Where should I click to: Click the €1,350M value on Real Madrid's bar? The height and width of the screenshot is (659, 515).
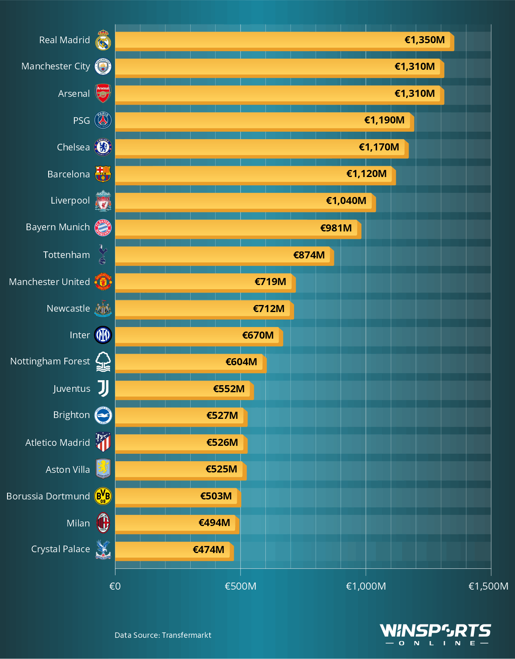(x=424, y=40)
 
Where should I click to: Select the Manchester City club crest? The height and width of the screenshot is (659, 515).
(x=103, y=66)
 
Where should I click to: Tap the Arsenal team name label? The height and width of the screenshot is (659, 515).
(x=74, y=93)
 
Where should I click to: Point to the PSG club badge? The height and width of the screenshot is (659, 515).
(x=103, y=120)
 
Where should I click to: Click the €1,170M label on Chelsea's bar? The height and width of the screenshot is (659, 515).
(x=379, y=147)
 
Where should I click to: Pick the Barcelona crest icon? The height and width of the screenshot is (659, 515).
(x=103, y=174)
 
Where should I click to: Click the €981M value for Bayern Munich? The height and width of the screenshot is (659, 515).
(x=336, y=228)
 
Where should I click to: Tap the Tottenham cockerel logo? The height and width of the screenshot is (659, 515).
(x=103, y=254)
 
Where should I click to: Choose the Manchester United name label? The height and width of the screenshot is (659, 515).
(x=49, y=282)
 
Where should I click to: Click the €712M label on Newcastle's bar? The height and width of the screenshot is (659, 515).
(x=269, y=309)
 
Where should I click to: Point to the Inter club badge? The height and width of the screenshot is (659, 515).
(x=103, y=335)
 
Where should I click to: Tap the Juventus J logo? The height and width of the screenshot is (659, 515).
(x=103, y=389)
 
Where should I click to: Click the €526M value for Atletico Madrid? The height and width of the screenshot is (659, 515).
(x=222, y=443)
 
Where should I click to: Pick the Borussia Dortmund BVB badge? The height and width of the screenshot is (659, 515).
(x=103, y=496)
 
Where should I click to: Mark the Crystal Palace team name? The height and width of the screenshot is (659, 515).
(x=61, y=549)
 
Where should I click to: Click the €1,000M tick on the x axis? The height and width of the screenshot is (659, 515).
(x=366, y=586)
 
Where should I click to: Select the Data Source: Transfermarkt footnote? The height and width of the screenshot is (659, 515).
(x=163, y=635)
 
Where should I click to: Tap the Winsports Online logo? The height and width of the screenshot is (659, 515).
(x=435, y=634)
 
